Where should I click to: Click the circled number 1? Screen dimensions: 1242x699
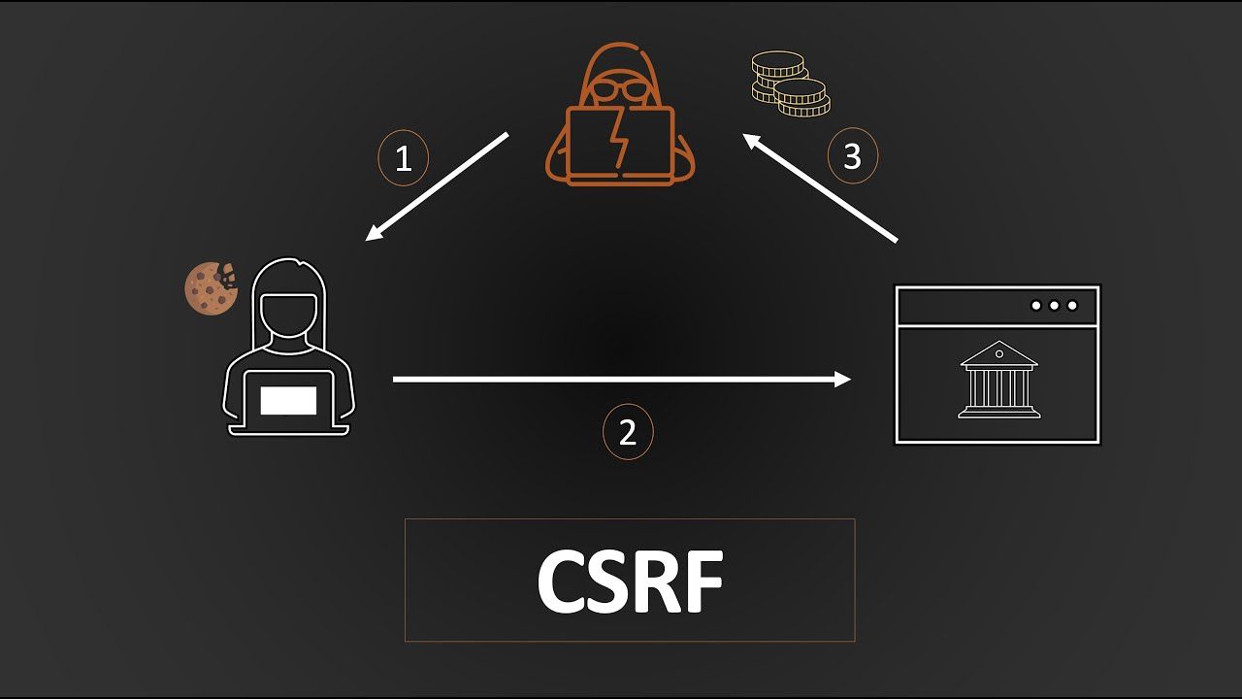[x=403, y=158]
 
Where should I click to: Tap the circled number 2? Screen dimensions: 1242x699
[x=628, y=432]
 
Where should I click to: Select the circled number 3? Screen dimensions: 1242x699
[x=853, y=156]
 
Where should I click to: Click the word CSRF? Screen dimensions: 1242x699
[x=631, y=581]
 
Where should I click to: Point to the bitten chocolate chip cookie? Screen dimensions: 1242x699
[x=211, y=288]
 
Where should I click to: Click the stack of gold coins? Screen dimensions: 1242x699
[x=791, y=83]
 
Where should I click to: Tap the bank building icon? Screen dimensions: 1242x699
[x=999, y=380]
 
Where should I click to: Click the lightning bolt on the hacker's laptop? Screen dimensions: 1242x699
[x=619, y=139]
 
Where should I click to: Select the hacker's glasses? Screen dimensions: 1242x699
[x=620, y=90]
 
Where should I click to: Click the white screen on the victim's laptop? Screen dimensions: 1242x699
[x=288, y=401]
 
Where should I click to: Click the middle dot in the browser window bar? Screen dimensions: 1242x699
[x=1054, y=306]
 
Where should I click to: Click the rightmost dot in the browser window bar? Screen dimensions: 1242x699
[x=1072, y=306]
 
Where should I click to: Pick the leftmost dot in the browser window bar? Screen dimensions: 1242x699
[x=1035, y=306]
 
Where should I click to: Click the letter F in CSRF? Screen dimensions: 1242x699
[x=705, y=581]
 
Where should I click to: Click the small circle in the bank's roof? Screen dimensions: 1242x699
[x=999, y=354]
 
